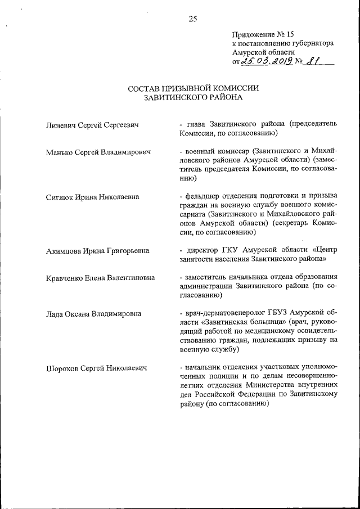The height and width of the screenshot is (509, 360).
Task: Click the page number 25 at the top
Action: click(x=192, y=19)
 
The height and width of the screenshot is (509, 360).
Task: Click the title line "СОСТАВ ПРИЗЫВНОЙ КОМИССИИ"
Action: click(x=193, y=88)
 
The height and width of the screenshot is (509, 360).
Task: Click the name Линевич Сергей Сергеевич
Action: click(x=92, y=124)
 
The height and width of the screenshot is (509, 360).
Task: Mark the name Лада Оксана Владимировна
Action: click(x=93, y=314)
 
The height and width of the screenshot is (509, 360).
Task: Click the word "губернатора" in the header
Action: click(x=313, y=43)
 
